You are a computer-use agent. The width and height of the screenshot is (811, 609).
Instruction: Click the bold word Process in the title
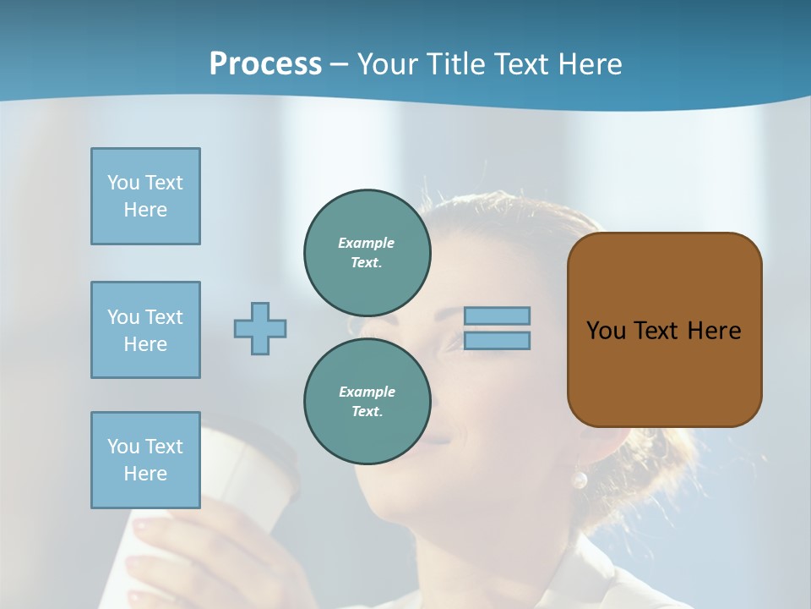265,64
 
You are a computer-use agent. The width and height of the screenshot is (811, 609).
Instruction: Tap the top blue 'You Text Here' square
145,196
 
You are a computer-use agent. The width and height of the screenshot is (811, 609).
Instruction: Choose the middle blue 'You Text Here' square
145,330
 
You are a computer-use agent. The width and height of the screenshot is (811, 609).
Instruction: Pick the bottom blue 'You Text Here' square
145,460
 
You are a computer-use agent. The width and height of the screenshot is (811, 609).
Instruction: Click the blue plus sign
260,328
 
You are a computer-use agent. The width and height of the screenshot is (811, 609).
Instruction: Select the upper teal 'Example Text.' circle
367,253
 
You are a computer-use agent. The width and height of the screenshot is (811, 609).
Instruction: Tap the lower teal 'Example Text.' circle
367,402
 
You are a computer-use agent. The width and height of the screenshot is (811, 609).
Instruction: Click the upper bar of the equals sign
497,316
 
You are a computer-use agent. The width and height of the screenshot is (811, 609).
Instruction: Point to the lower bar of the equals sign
497,341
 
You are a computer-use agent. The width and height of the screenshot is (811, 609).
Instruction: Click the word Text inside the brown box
656,331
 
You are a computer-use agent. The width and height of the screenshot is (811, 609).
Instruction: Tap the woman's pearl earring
580,480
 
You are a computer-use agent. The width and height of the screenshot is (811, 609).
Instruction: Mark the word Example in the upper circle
366,243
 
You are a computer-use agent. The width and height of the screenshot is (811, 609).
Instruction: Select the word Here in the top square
145,210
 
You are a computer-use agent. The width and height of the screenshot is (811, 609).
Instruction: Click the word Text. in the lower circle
367,412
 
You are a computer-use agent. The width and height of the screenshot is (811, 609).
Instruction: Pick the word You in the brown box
606,331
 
